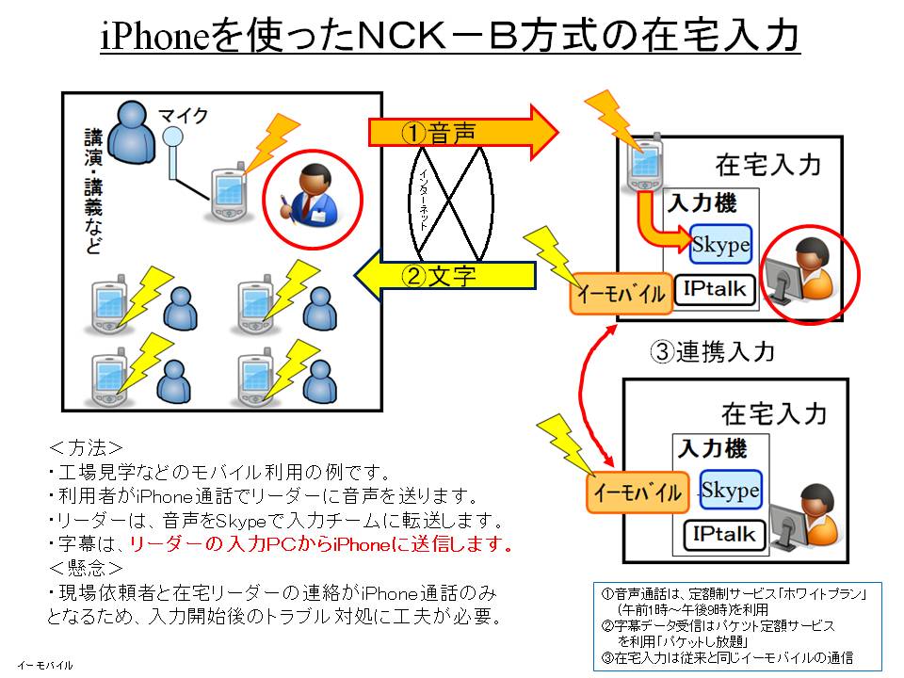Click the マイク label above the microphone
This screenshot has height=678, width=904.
tap(184, 116)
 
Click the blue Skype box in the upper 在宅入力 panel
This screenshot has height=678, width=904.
tap(720, 246)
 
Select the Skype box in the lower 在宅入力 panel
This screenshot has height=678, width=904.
tap(730, 491)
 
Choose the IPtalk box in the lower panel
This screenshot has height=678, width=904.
tap(724, 535)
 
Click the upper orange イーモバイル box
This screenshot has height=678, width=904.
tap(621, 294)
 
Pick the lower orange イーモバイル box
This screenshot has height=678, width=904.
tap(636, 492)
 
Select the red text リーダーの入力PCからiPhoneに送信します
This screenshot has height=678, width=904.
tap(320, 544)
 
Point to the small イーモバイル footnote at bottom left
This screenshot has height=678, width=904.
tap(44, 665)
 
